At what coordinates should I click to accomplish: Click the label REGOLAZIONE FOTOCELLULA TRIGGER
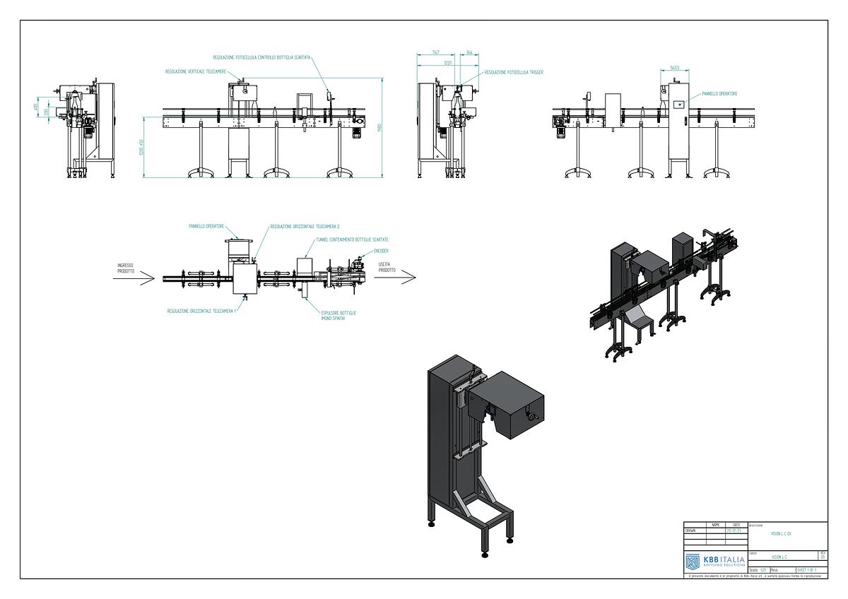(513, 72)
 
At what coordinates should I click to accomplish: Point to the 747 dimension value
(436, 53)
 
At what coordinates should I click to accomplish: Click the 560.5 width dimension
(674, 69)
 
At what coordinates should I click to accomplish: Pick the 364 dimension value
(469, 53)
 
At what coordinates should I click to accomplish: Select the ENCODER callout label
(381, 251)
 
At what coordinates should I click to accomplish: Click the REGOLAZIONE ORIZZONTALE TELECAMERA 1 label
(201, 310)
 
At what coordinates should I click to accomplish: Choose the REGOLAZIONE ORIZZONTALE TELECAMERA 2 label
(305, 227)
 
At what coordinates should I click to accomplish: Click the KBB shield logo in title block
(693, 562)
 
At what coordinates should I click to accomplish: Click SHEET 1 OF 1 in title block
(806, 569)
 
